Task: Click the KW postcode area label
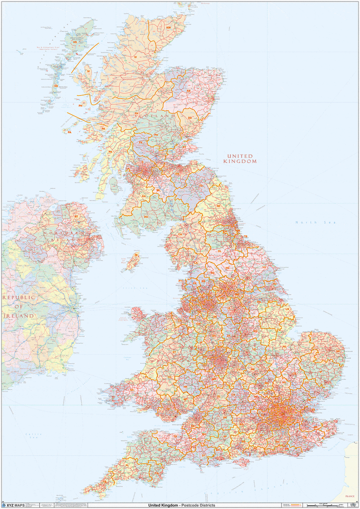click(169, 28)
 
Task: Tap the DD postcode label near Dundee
click(189, 118)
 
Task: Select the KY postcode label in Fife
click(184, 147)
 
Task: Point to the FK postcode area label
click(141, 143)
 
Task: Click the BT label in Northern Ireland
click(76, 217)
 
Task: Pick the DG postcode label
click(146, 217)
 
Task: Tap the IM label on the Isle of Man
click(136, 255)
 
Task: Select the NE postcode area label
click(218, 205)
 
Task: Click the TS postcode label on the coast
click(245, 237)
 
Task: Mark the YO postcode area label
click(264, 267)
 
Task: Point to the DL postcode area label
click(219, 252)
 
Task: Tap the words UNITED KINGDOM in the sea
click(240, 159)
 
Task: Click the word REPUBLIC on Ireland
click(19, 297)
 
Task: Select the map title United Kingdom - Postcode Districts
click(178, 505)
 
